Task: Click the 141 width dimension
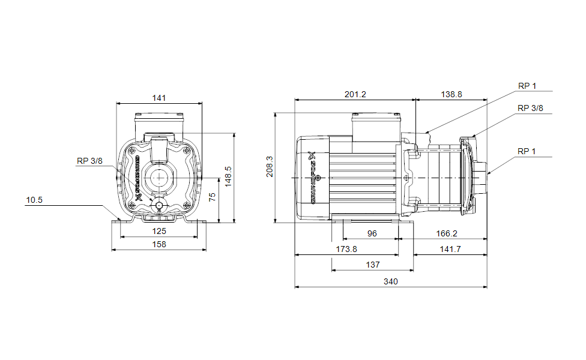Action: pyautogui.click(x=159, y=98)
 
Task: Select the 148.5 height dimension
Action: pyautogui.click(x=228, y=177)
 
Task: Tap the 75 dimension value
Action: pyautogui.click(x=212, y=197)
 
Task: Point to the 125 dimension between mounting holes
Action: pyautogui.click(x=159, y=231)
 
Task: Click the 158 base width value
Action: pyautogui.click(x=159, y=244)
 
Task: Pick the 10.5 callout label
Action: pyautogui.click(x=34, y=200)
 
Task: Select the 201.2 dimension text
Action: pyautogui.click(x=355, y=94)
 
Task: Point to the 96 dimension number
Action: pyautogui.click(x=372, y=233)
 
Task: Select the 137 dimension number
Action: pyautogui.click(x=372, y=265)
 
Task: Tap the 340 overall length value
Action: pyautogui.click(x=391, y=281)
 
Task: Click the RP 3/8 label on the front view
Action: pyautogui.click(x=90, y=161)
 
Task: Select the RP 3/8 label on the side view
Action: pyautogui.click(x=530, y=108)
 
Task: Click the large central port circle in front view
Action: pyautogui.click(x=159, y=178)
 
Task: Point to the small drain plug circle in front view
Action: pyautogui.click(x=159, y=206)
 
